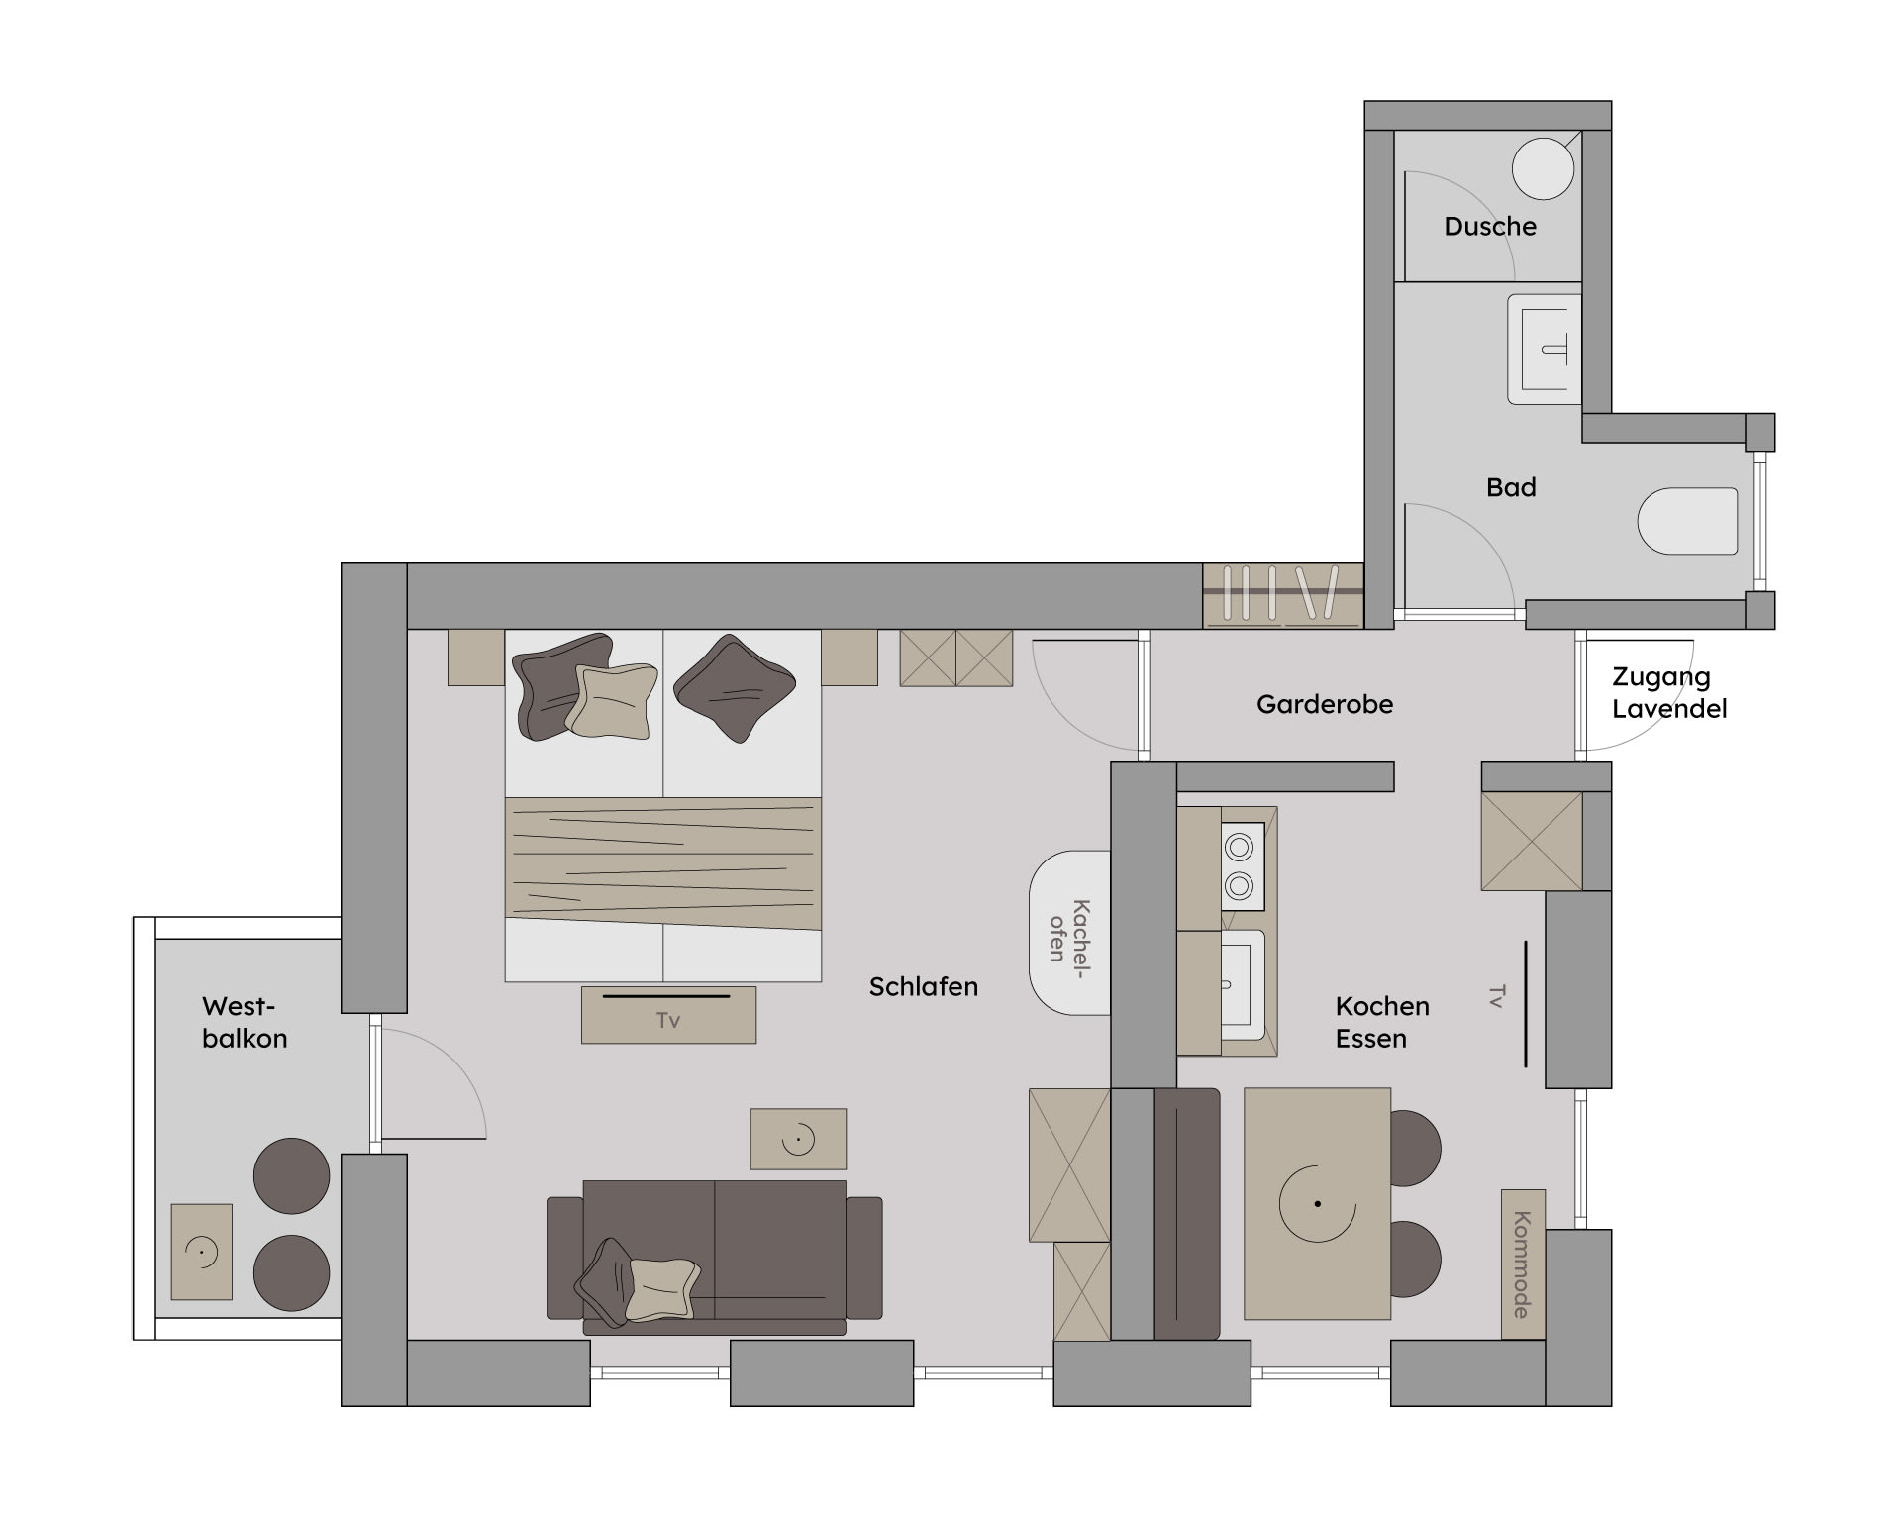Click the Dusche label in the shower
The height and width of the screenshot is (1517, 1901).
[1490, 227]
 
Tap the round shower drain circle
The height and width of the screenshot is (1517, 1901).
[1543, 168]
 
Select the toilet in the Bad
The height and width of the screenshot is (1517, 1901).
[1687, 521]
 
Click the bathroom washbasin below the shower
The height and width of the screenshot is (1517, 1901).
[1545, 349]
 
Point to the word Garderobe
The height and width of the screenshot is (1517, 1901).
[1325, 704]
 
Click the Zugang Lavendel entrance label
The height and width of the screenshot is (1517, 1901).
[1669, 693]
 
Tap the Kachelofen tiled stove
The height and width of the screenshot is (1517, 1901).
[1070, 932]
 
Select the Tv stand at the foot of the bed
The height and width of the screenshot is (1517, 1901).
[668, 1014]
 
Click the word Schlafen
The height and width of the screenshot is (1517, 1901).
[924, 987]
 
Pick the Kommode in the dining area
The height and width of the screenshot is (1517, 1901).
[1523, 1264]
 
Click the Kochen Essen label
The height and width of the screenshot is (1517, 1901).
[1382, 1022]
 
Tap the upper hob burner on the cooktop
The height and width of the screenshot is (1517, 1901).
[1240, 848]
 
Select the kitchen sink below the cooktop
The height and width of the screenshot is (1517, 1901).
[1243, 984]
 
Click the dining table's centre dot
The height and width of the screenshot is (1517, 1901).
[1317, 1204]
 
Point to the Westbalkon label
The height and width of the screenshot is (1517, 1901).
[245, 1022]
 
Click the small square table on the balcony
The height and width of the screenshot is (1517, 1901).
[202, 1252]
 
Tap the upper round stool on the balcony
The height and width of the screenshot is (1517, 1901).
[291, 1175]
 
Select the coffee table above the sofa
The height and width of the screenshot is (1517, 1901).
[798, 1139]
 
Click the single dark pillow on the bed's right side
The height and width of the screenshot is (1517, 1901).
[735, 688]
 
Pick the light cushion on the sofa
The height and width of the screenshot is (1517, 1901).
[662, 1288]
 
